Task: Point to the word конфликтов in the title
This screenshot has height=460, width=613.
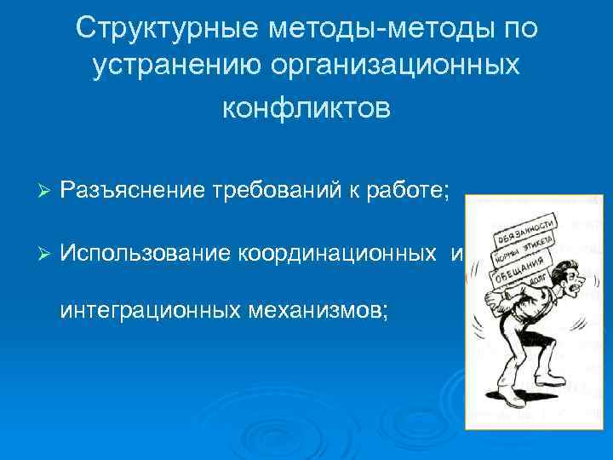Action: point(306,108)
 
